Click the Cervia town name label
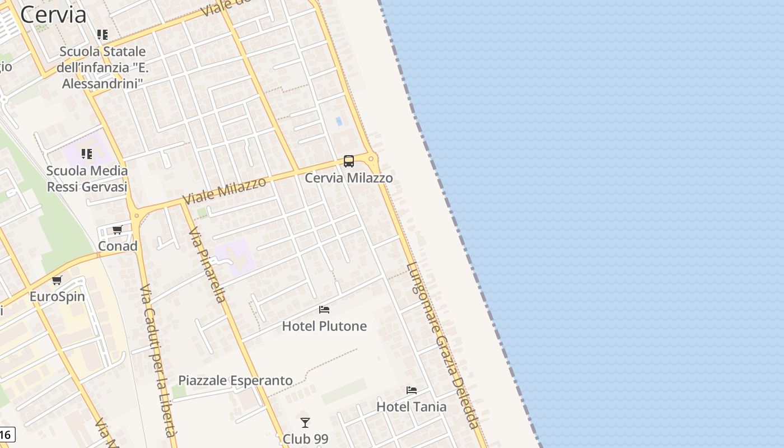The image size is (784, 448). point(53,15)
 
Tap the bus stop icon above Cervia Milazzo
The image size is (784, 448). point(348,161)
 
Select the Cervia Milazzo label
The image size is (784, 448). point(348,178)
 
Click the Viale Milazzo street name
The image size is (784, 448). point(224,191)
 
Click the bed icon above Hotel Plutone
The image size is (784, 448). point(324,310)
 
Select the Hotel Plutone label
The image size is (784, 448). point(324,326)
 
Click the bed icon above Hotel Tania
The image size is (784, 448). point(412,390)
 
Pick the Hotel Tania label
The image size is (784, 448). point(412,407)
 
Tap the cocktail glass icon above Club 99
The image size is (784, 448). point(305,423)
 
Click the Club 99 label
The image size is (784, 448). point(305,438)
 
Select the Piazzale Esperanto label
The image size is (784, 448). point(235,381)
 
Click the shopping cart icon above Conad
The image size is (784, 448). point(118,230)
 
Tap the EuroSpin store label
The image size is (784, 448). point(57,296)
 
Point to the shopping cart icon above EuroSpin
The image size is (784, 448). point(57,280)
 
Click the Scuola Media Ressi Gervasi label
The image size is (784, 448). point(87,179)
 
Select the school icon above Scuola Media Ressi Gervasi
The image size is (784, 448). point(87,153)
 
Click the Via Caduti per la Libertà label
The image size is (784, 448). point(158,361)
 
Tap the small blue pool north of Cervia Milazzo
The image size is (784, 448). point(338,121)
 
